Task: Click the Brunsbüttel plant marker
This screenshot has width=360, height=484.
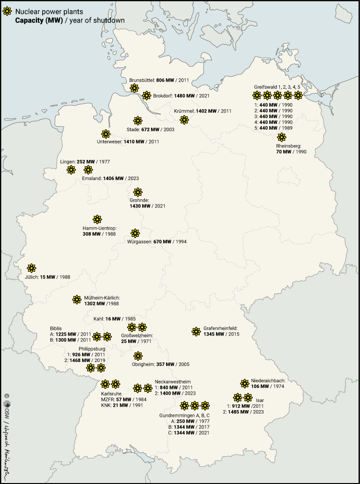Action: click(134, 87)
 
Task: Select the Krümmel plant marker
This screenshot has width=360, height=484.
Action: click(184, 120)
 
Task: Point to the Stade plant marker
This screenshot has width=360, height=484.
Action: click(138, 120)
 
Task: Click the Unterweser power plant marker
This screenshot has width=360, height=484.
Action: click(106, 134)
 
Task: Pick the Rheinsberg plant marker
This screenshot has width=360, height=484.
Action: click(282, 137)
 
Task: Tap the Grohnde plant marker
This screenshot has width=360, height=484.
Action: click(138, 192)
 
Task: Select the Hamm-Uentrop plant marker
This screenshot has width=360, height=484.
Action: click(97, 219)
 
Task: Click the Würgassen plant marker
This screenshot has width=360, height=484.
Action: click(136, 233)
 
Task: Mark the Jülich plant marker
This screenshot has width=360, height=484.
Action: click(32, 268)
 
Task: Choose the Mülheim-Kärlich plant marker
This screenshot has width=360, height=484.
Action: click(77, 300)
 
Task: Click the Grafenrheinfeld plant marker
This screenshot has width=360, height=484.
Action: click(196, 331)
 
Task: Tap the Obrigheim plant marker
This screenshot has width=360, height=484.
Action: click(138, 356)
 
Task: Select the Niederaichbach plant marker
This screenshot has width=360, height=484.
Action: click(244, 383)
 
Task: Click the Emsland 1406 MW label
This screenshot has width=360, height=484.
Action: click(110, 178)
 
